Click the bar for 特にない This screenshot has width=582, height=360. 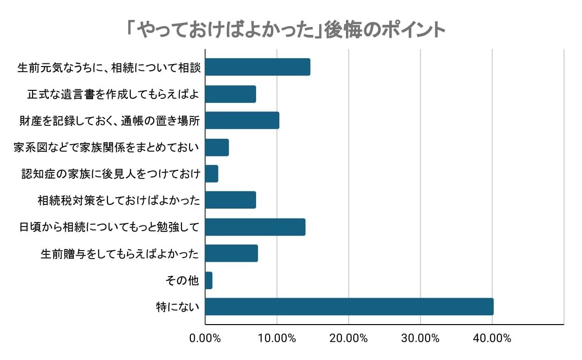pos(349,307)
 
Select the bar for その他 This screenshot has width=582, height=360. pos(209,280)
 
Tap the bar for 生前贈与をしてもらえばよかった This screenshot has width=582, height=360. pos(231,253)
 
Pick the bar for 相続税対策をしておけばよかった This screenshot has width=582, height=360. pos(230,200)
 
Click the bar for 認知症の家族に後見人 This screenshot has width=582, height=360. pos(211,174)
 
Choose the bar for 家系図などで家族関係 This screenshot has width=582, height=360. pos(217,147)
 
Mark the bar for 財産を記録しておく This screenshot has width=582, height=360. pos(242,121)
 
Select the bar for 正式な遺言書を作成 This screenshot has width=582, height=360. pos(230,94)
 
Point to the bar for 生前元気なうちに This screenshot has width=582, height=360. pos(257,67)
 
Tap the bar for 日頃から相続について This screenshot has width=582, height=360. pos(255,227)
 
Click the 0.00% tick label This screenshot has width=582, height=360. pos(205,339)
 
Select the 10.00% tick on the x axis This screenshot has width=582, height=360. pos(277,339)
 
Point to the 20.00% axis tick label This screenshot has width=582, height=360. pos(349,339)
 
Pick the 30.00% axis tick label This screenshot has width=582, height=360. pos(420,339)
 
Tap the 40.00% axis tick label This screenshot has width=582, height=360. pos(492,339)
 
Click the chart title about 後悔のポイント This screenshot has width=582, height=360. pos(286,30)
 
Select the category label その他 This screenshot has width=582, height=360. pos(183,281)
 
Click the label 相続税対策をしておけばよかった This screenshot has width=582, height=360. pos(119,201)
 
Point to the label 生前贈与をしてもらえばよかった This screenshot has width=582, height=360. pos(120,254)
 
